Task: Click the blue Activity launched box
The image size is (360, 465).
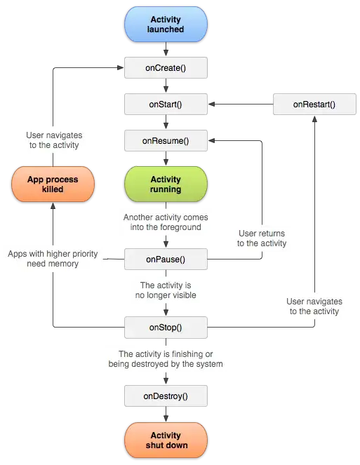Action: click(x=166, y=25)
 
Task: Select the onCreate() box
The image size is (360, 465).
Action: click(x=166, y=68)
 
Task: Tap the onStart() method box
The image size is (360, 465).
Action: click(x=166, y=105)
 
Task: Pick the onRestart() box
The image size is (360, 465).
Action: click(x=314, y=105)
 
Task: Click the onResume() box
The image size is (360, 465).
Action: click(x=166, y=141)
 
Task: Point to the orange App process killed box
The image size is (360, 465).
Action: click(x=53, y=184)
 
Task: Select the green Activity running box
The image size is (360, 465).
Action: click(x=166, y=184)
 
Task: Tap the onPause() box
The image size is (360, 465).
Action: click(x=166, y=260)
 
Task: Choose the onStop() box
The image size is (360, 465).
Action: click(x=166, y=327)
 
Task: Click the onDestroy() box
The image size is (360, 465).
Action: click(x=166, y=396)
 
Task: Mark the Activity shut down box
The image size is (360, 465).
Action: click(x=166, y=440)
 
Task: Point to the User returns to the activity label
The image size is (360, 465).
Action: click(x=262, y=238)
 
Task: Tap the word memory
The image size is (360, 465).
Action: click(x=63, y=264)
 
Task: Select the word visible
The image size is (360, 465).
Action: click(x=181, y=295)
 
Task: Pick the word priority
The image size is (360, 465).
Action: click(x=80, y=253)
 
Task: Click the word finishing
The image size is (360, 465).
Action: click(x=186, y=353)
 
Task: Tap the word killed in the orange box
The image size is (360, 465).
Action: click(x=53, y=189)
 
